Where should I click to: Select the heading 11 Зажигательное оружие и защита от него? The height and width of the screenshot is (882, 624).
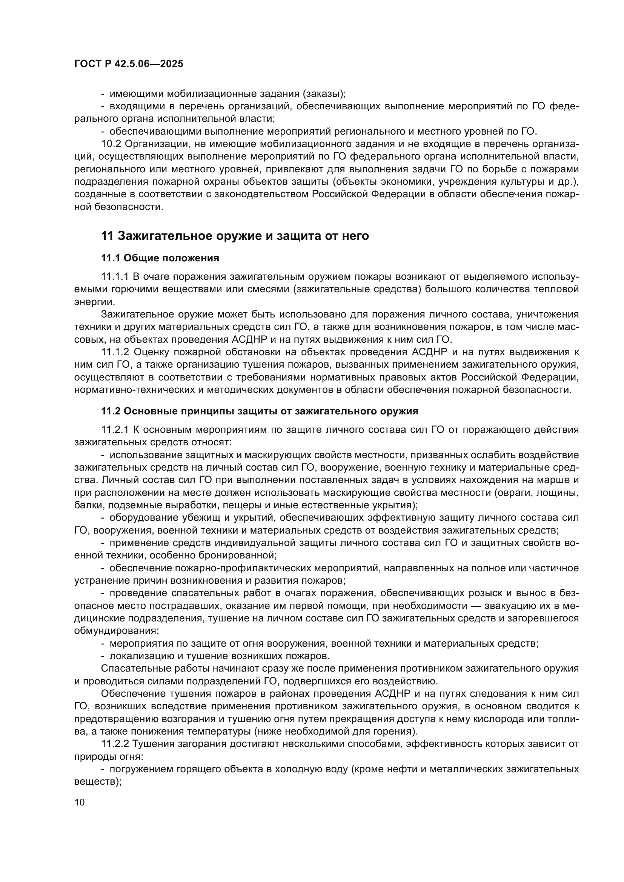point(235,235)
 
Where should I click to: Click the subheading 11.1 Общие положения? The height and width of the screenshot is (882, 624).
point(160,258)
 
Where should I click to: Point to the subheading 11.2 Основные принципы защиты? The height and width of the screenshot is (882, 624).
point(259,411)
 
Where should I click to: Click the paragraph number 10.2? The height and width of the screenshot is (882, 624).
point(112,144)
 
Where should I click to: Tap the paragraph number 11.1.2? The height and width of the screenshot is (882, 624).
point(115,352)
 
